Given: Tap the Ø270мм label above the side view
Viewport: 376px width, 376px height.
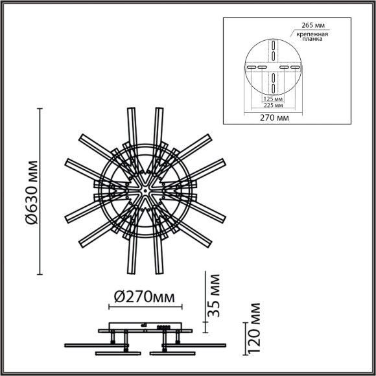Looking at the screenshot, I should pos(143,298).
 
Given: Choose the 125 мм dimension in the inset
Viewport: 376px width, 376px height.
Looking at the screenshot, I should pos(272,99).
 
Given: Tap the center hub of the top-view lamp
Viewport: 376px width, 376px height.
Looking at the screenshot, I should pos(145,191).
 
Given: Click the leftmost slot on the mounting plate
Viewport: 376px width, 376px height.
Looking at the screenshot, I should pos(250,67).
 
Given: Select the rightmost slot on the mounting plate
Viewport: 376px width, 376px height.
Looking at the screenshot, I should pos(296,67).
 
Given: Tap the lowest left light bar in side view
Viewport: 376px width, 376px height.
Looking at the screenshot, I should pos(119,353).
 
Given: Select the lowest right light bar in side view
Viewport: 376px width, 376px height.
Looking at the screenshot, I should pos(172,353).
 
